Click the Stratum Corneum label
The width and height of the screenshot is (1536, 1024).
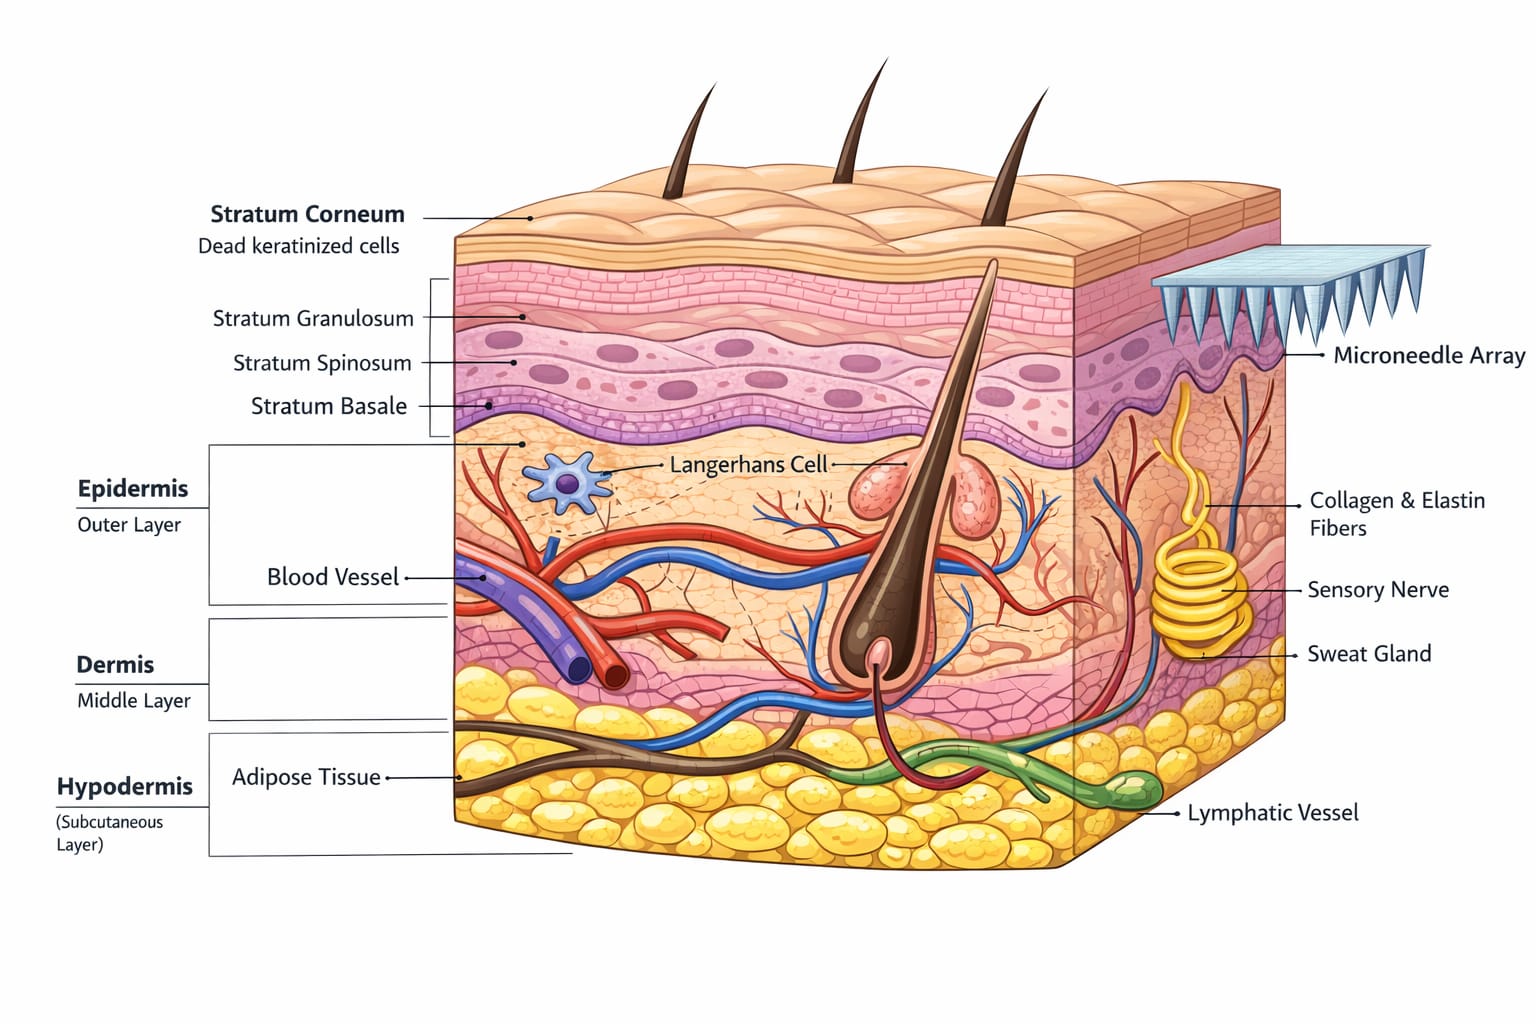click(x=307, y=214)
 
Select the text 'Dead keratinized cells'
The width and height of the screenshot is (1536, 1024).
click(x=298, y=246)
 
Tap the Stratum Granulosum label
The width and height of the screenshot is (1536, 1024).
click(x=313, y=318)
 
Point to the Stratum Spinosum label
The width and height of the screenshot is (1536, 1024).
click(x=322, y=363)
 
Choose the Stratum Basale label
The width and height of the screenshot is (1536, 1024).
click(x=328, y=406)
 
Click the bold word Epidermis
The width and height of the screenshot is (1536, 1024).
click(x=132, y=488)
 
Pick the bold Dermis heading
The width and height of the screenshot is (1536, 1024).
click(x=115, y=665)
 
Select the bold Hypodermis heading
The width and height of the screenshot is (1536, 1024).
click(x=124, y=786)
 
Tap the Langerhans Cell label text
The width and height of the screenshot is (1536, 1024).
click(x=748, y=464)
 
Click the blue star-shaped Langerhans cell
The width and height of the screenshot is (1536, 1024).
click(x=566, y=483)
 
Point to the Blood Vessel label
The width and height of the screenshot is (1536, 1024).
click(x=333, y=577)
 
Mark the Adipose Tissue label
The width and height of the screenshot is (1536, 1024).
click(x=306, y=777)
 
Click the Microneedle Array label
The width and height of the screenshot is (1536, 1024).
click(x=1429, y=355)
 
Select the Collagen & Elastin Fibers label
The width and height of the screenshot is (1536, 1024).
click(x=1397, y=514)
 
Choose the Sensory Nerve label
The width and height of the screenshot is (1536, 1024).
click(x=1378, y=590)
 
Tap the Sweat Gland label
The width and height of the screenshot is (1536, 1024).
click(x=1369, y=654)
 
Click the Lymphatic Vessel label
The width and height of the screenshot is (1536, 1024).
click(x=1273, y=813)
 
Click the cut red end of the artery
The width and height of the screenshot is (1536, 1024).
click(x=615, y=675)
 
